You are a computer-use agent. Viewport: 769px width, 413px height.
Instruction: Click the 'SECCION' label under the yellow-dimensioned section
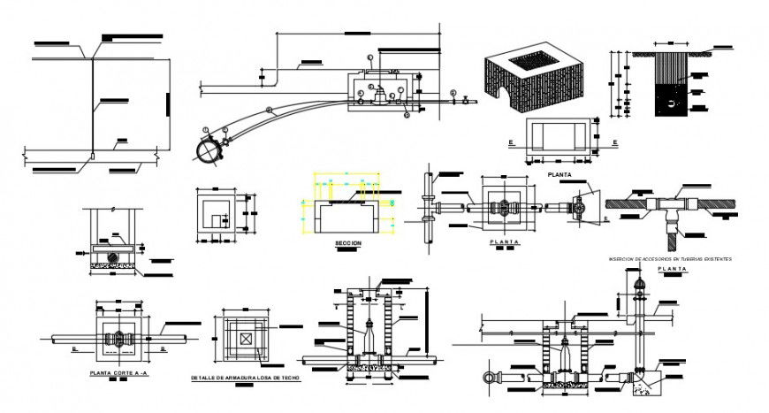coord(347,241)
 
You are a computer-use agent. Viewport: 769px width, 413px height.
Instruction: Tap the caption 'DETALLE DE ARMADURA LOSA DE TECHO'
coord(246,378)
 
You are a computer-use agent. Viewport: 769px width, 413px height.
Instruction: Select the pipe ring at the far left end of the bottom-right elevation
coord(487,378)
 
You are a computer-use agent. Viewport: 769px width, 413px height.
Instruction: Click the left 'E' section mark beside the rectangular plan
coord(512,141)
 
